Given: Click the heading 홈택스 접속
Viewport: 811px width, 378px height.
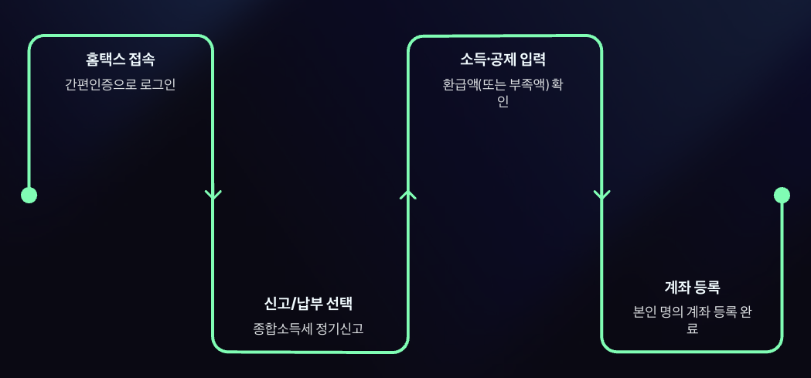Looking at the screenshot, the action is (x=120, y=60).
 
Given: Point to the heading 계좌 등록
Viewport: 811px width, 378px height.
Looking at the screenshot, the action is (x=692, y=288).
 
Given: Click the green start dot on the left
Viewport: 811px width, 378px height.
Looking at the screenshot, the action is (x=29, y=195).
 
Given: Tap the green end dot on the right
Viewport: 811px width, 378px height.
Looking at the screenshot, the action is (x=782, y=195).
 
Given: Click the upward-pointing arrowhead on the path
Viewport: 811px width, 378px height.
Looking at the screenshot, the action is (x=407, y=194).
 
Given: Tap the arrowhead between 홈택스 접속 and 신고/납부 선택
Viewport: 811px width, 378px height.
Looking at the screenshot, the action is (x=213, y=195).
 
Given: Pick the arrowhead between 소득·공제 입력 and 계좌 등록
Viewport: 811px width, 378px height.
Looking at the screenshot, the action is (x=601, y=195).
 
